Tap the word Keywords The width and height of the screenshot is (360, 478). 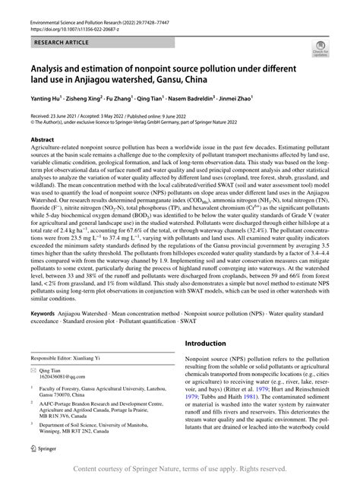[42, 313]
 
